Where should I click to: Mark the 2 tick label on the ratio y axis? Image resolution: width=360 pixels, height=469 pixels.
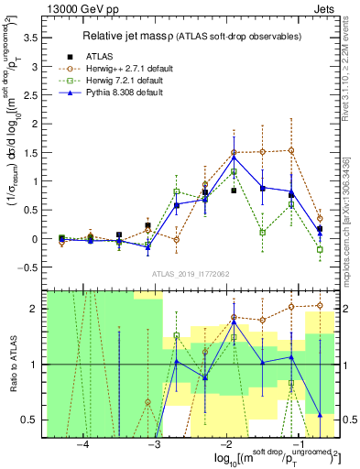[39, 309]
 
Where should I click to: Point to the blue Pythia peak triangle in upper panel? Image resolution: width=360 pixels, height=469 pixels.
[235, 157]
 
